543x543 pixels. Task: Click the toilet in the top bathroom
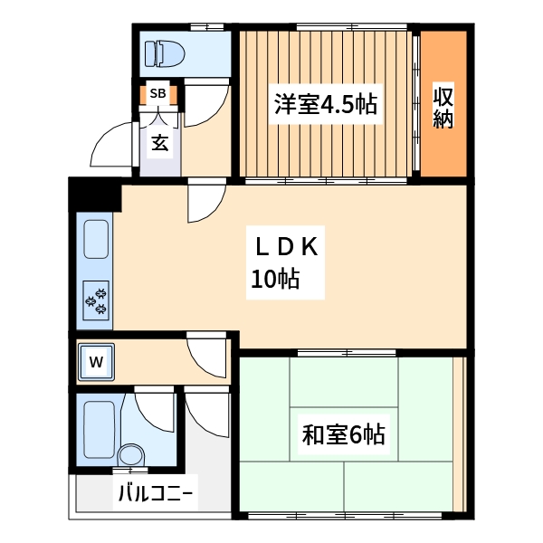[166, 52]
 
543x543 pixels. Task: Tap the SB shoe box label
[157, 93]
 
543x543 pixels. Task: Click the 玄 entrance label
[158, 142]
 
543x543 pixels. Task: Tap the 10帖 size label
[275, 281]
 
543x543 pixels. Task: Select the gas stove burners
[97, 300]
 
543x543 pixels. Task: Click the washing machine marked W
[96, 363]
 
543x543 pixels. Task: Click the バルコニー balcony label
[155, 495]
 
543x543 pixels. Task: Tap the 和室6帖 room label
[343, 435]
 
